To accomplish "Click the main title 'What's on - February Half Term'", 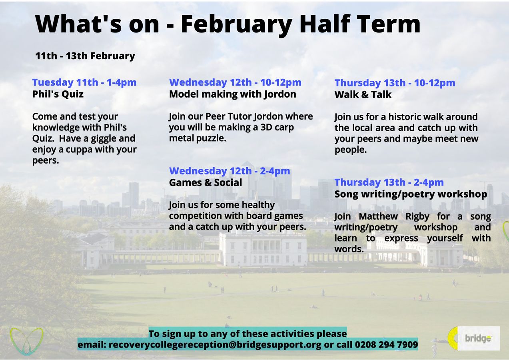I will [228, 24].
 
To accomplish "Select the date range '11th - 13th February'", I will [85, 56].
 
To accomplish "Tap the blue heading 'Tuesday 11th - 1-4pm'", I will [84, 82].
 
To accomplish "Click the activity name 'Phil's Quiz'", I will [58, 94].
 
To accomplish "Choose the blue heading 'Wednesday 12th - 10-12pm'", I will [235, 82].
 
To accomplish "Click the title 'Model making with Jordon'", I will [232, 94].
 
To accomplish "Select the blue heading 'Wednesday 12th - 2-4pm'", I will [230, 171].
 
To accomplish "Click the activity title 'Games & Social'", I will [206, 183].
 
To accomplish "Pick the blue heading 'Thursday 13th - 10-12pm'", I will [395, 83].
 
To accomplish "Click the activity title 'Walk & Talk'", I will [363, 95].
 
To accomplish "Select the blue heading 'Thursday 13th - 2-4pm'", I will [389, 182].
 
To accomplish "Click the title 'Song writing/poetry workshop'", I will [411, 194].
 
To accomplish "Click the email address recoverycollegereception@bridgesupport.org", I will [215, 344].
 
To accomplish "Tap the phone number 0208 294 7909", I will [386, 344].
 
